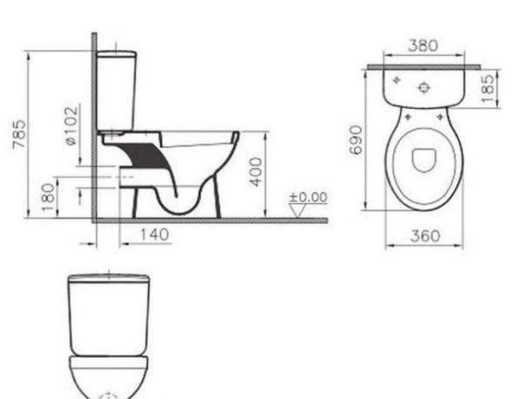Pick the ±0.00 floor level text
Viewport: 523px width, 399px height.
pyautogui.click(x=309, y=197)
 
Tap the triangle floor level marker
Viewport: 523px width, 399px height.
pyautogui.click(x=299, y=210)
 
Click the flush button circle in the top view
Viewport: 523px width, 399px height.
pyautogui.click(x=424, y=86)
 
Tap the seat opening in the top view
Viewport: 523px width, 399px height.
pyautogui.click(x=424, y=160)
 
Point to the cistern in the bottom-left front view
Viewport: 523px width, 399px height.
pyautogui.click(x=108, y=314)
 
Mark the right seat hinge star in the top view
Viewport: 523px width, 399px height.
pyautogui.click(x=443, y=112)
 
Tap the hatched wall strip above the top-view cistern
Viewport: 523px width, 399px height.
pyautogui.click(x=424, y=64)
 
